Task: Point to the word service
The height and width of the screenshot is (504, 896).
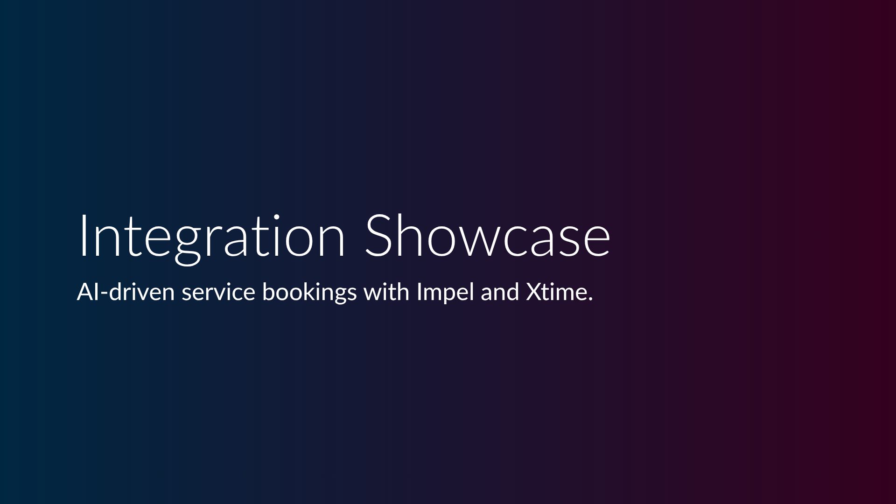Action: point(218,293)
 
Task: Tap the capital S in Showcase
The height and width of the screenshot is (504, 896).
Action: point(379,235)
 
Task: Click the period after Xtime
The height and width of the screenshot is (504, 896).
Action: point(590,299)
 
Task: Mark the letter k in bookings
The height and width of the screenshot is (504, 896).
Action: point(316,292)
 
